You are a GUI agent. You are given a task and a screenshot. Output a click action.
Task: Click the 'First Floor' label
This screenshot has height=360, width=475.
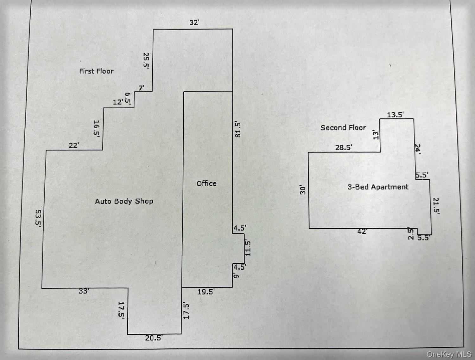click(96, 71)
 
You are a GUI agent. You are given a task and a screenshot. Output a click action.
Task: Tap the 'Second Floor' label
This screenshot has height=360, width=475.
click(343, 128)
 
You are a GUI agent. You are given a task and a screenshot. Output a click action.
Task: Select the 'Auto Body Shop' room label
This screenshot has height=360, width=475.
click(124, 201)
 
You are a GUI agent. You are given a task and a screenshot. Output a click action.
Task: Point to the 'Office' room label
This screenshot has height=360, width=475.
click(206, 183)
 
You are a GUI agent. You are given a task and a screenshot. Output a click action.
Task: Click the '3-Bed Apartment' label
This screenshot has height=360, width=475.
click(378, 187)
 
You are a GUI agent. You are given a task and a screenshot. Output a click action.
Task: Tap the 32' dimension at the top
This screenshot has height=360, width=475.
click(194, 22)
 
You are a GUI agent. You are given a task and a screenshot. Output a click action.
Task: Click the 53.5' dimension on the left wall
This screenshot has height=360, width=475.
click(39, 217)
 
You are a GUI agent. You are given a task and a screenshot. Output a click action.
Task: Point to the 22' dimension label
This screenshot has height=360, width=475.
click(74, 145)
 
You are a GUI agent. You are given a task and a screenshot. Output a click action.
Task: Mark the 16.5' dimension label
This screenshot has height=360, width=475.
click(97, 128)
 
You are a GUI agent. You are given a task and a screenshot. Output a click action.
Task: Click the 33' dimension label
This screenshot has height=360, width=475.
click(84, 291)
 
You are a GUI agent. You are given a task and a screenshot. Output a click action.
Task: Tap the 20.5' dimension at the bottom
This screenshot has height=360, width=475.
click(154, 338)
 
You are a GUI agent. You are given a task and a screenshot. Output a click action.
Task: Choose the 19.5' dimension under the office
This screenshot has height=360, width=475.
click(206, 292)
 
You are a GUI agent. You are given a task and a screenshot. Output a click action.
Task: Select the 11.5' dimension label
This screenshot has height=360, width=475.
click(248, 248)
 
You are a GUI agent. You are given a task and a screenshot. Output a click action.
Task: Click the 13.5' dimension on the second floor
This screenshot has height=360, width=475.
click(395, 115)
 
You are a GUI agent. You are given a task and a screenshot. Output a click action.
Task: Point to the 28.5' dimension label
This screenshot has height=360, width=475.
click(344, 148)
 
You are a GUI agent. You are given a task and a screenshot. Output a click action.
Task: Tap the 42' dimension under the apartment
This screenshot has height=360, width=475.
click(362, 232)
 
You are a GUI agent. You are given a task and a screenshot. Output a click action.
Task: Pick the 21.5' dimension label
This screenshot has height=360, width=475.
click(436, 206)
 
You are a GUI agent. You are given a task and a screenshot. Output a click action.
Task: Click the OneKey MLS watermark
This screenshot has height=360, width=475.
click(449, 354)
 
